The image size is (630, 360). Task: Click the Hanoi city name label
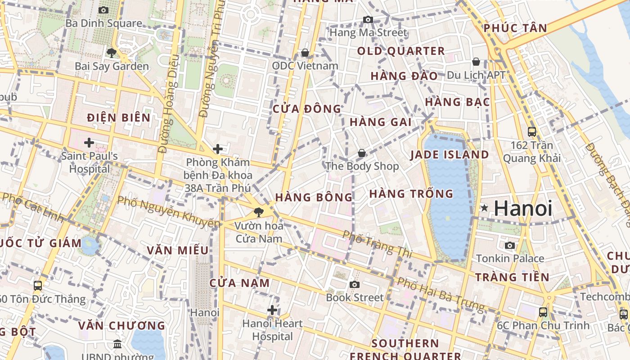click(523, 208)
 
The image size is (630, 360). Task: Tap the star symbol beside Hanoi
click(485, 208)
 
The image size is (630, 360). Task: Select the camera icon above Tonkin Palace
click(510, 245)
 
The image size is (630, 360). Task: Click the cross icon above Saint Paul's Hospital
click(89, 143)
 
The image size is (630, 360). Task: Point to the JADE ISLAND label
click(449, 155)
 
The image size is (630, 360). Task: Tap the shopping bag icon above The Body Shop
click(362, 153)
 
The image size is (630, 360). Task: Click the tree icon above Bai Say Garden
click(111, 53)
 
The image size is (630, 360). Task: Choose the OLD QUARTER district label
click(401, 51)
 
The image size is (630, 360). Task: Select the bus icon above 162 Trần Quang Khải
click(532, 132)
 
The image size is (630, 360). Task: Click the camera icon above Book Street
click(355, 284)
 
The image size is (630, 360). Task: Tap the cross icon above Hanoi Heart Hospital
click(272, 310)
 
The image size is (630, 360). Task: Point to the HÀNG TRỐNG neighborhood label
click(411, 194)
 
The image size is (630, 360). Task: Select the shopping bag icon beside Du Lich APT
click(476, 62)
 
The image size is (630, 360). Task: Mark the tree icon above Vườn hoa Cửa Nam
click(258, 212)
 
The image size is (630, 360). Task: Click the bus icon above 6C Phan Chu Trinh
click(543, 312)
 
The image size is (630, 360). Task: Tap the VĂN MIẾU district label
click(178, 250)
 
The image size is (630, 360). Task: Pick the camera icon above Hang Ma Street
click(368, 19)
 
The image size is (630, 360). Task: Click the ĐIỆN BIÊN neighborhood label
click(119, 118)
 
